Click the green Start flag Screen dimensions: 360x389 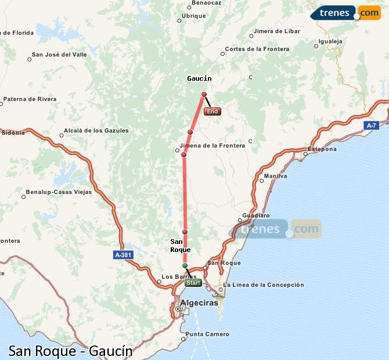(x=193, y=283)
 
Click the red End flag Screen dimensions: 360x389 (x=212, y=111)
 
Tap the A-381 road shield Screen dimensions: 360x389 (x=123, y=254)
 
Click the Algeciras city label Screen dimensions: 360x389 (x=199, y=303)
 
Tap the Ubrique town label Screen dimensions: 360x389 (x=193, y=16)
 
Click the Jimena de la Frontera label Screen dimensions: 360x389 (x=212, y=146)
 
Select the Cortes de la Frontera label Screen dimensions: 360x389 (x=257, y=49)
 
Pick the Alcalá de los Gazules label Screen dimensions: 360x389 (x=96, y=131)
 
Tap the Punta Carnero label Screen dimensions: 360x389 (x=207, y=334)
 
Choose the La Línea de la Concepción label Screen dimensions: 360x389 (x=263, y=285)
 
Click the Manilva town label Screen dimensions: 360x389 (x=275, y=176)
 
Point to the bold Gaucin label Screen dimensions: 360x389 (x=199, y=78)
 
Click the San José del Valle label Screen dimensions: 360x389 (x=60, y=55)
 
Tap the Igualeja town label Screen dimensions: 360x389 (x=332, y=42)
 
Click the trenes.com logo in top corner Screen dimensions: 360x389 (x=346, y=13)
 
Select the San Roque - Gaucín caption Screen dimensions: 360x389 (x=70, y=351)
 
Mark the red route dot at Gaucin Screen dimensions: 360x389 (x=204, y=94)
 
